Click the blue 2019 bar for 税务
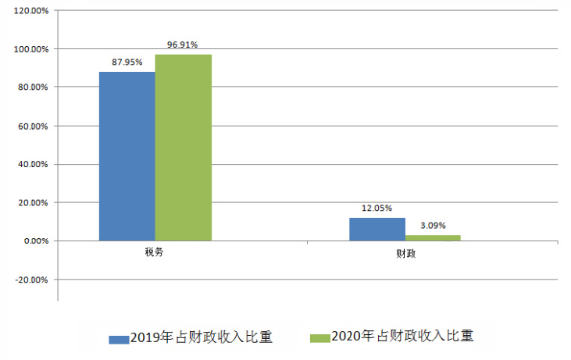point(127,156)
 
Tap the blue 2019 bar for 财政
point(377,229)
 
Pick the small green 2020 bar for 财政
point(433,237)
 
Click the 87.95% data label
point(127,62)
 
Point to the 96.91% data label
point(183,45)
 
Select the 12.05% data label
point(377,209)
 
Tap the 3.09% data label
point(433,226)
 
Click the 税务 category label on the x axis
point(154,254)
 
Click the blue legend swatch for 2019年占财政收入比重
point(119,339)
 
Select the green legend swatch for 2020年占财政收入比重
point(320,338)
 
